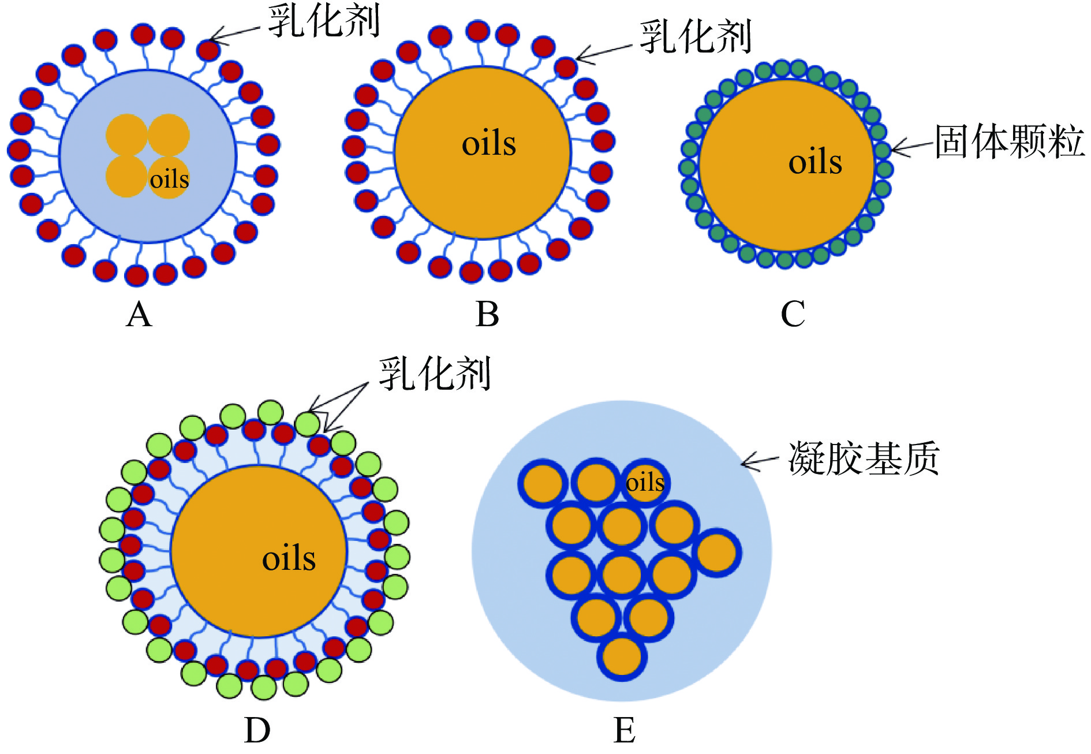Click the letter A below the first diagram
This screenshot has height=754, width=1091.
(x=139, y=315)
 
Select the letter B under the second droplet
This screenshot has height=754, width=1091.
(x=487, y=315)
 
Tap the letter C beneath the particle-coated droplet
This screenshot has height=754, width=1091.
(x=793, y=315)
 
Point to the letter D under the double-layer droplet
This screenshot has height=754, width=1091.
(x=257, y=731)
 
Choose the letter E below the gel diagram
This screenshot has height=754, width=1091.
(x=625, y=731)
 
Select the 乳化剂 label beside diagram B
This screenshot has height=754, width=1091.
(x=696, y=37)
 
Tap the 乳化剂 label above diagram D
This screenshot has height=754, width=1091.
(x=435, y=374)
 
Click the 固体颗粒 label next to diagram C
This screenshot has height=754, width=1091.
(x=1010, y=141)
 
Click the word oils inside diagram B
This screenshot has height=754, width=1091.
(x=489, y=144)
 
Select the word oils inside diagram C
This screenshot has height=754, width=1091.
(x=815, y=162)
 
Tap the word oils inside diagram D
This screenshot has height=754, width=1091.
(x=289, y=558)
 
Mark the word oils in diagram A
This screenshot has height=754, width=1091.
(x=169, y=180)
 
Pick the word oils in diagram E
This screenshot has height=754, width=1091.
(x=645, y=483)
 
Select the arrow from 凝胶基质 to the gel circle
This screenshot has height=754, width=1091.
(x=760, y=461)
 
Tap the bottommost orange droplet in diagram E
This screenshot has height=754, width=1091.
(x=622, y=656)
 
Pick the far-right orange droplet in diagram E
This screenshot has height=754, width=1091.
(x=717, y=553)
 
